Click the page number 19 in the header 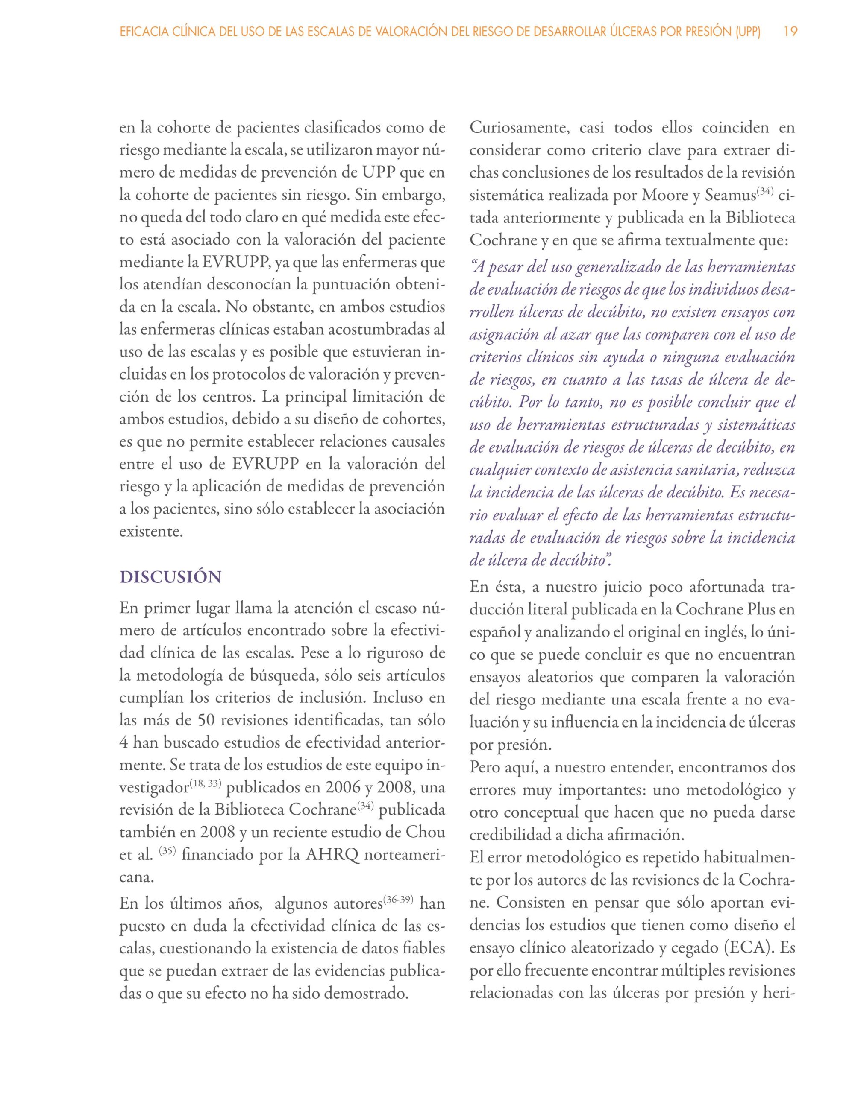(x=790, y=32)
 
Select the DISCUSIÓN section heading (x=170, y=577)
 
